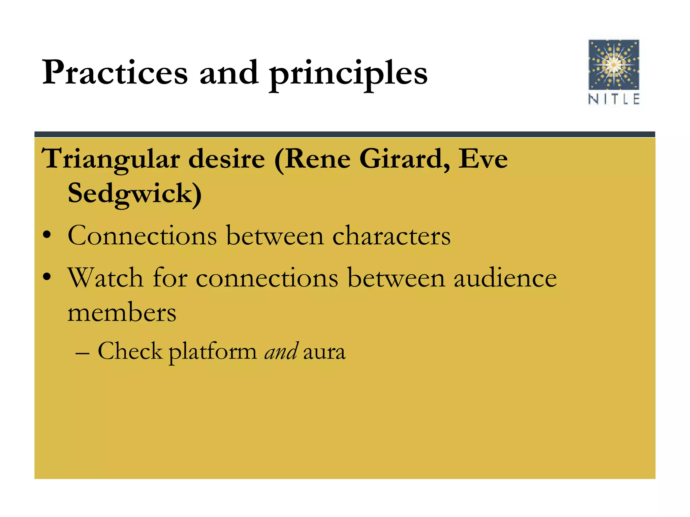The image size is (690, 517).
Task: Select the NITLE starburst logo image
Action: (614, 65)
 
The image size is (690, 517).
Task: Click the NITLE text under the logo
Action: (614, 99)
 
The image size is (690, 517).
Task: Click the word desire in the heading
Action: (226, 159)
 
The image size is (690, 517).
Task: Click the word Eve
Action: (482, 159)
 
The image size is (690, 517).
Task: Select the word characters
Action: (391, 236)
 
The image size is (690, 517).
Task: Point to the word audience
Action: (505, 278)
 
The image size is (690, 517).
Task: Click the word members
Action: (122, 312)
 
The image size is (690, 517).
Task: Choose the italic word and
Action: (281, 351)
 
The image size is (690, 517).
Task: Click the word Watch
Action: (105, 278)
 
